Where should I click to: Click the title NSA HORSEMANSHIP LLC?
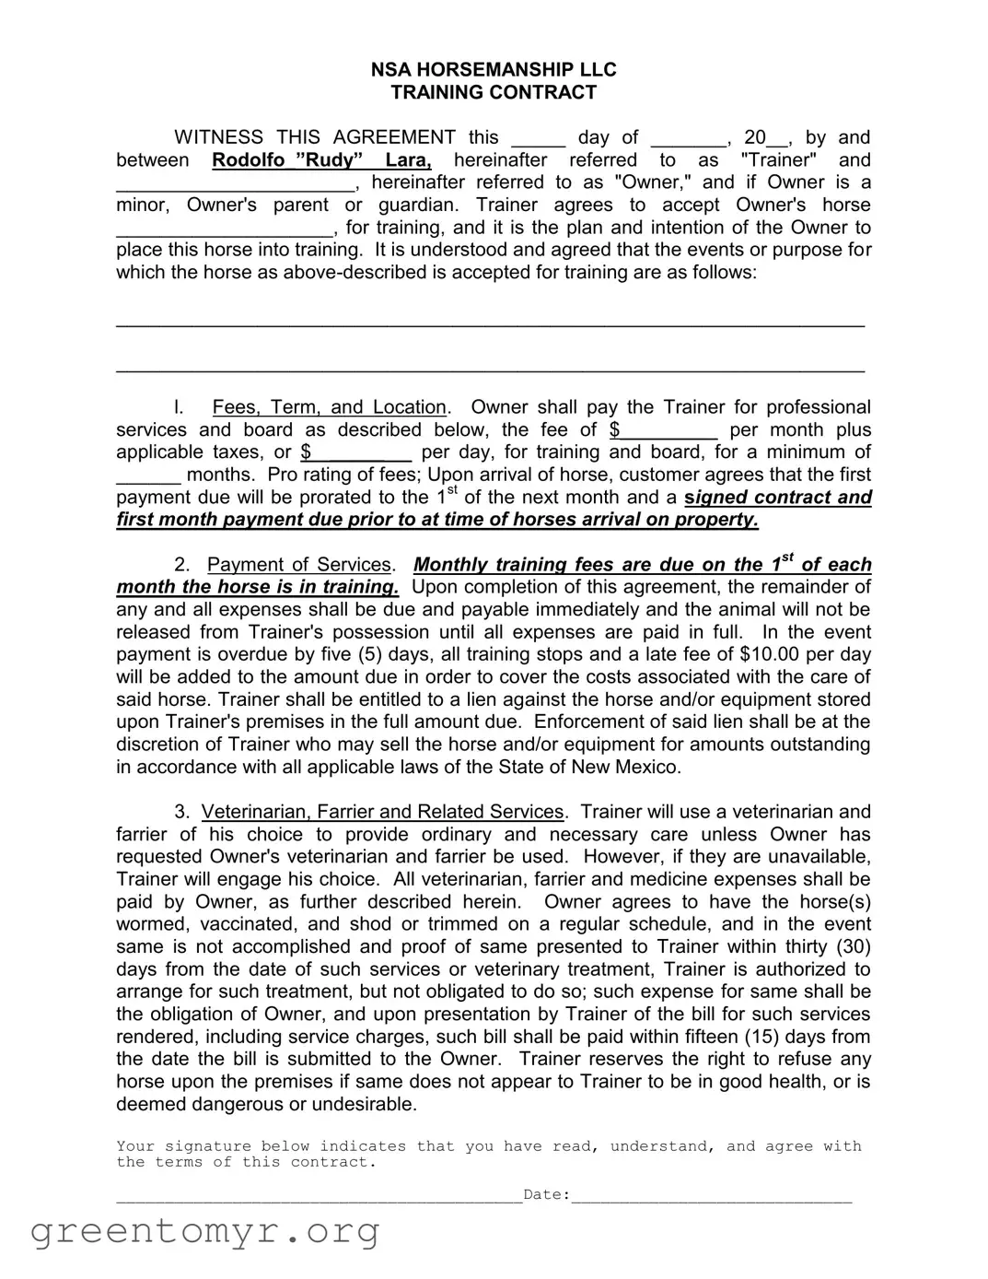pyautogui.click(x=494, y=70)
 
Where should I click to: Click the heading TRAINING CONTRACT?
pyautogui.click(x=494, y=92)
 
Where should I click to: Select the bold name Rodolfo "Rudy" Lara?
pyautogui.click(x=321, y=160)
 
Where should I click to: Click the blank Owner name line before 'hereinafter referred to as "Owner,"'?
pyautogui.click(x=235, y=184)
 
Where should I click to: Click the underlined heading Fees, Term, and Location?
pyautogui.click(x=329, y=407)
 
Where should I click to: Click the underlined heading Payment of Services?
pyautogui.click(x=299, y=565)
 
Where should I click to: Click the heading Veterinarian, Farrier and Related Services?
pyautogui.click(x=382, y=812)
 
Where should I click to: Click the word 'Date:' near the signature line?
pyautogui.click(x=546, y=1195)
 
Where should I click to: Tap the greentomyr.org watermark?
pyautogui.click(x=205, y=1231)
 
